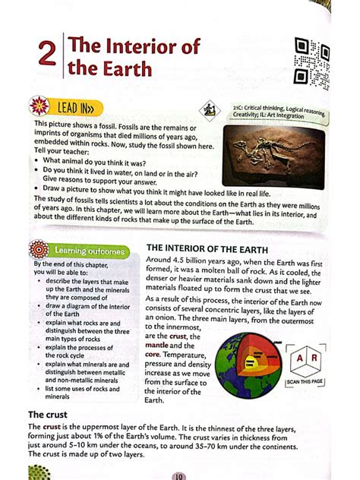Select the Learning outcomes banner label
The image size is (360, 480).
tap(90, 250)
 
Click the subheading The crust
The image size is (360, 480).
tap(48, 415)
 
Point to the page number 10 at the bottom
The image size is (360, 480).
tap(179, 475)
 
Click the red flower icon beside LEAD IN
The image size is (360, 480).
tap(39, 105)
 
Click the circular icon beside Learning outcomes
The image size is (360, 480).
tap(38, 249)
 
